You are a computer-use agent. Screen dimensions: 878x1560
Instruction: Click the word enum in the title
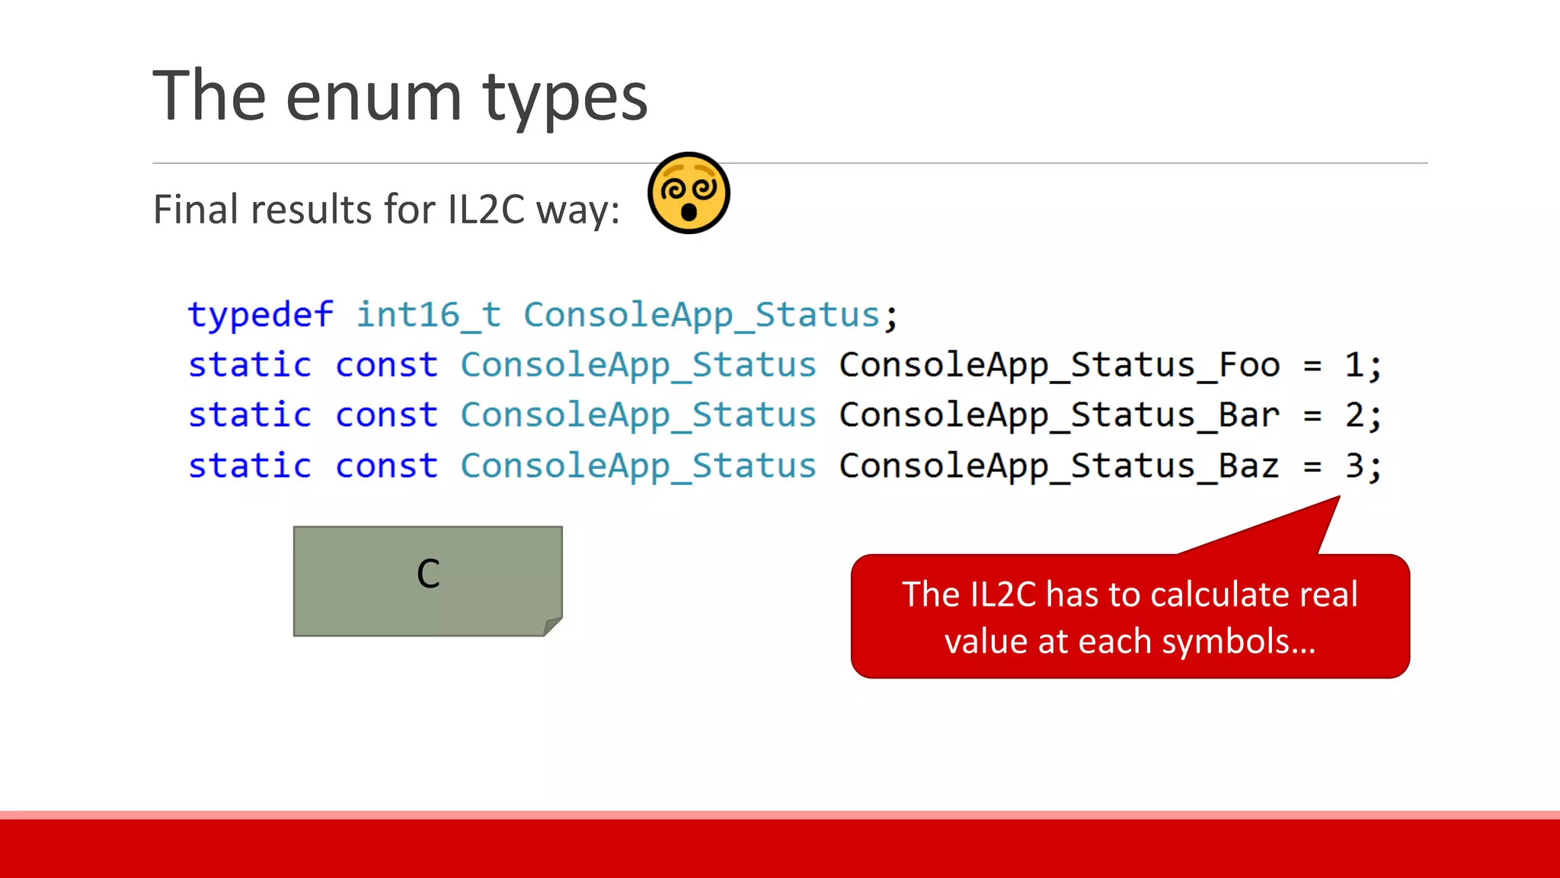click(x=373, y=97)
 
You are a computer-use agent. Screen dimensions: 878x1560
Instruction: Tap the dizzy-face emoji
click(x=689, y=193)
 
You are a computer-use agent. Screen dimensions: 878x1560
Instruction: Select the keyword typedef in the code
click(x=261, y=315)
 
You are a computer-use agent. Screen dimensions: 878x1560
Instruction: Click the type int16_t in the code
click(x=429, y=315)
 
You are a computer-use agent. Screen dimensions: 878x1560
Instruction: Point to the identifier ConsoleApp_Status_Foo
click(x=1060, y=365)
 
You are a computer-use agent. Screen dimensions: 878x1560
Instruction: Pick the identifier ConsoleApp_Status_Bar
click(x=1060, y=415)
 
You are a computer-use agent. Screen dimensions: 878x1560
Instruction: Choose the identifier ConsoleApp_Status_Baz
click(x=1060, y=466)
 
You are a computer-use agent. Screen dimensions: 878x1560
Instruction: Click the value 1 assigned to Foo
click(x=1354, y=365)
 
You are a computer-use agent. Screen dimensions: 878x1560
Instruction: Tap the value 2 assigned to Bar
click(x=1354, y=415)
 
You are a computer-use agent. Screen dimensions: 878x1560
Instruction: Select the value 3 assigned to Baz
click(x=1354, y=466)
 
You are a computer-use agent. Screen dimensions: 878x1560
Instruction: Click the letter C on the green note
click(x=428, y=574)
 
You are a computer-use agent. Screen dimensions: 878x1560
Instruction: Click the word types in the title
click(x=564, y=97)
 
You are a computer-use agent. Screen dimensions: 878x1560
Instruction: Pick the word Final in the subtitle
click(x=197, y=210)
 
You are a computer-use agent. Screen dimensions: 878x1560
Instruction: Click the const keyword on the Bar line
click(x=387, y=415)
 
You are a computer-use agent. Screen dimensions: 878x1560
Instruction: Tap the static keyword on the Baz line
click(x=250, y=466)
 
